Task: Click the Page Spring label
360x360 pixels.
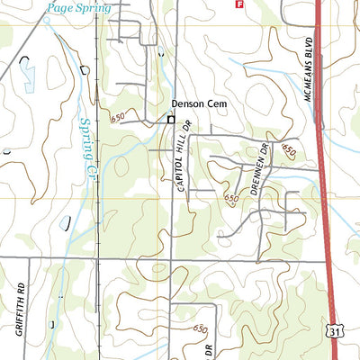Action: tap(79, 8)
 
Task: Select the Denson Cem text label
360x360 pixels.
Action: tap(201, 104)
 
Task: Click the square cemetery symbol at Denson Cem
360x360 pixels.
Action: tap(169, 119)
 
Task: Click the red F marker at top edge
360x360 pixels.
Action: tap(238, 4)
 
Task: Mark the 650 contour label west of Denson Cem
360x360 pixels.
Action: tap(118, 118)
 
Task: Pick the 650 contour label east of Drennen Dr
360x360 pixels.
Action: tap(288, 150)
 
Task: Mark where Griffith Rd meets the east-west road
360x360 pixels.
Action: tap(29, 258)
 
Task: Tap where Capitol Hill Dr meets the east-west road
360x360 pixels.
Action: tap(172, 259)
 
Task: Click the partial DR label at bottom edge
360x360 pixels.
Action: tap(208, 349)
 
